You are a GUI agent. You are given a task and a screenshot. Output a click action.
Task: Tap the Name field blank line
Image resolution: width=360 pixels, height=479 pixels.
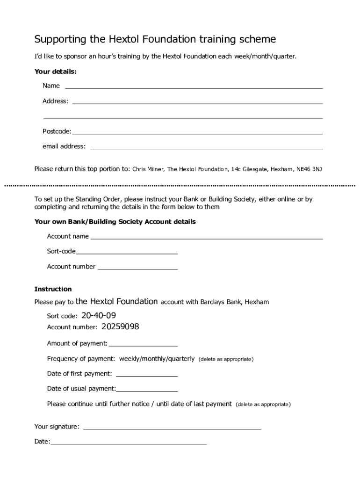click(x=194, y=87)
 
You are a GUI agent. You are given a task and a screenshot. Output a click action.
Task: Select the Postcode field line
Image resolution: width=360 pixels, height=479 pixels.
click(x=197, y=133)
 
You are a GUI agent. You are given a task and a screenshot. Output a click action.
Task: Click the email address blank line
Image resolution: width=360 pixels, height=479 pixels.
click(x=206, y=148)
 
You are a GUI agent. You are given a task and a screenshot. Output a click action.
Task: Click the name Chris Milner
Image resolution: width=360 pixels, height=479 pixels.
click(x=148, y=169)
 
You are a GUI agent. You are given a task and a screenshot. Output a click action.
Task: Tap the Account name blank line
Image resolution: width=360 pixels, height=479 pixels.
click(x=206, y=238)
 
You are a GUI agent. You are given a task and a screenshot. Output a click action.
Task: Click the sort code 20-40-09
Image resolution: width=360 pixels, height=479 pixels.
click(x=99, y=315)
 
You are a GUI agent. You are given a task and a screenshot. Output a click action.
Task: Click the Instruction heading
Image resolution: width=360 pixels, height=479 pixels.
click(x=53, y=289)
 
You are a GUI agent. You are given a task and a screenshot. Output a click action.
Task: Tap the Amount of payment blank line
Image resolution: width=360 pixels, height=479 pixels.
click(x=143, y=346)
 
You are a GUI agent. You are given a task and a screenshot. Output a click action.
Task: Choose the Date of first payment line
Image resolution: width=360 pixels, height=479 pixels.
click(x=146, y=376)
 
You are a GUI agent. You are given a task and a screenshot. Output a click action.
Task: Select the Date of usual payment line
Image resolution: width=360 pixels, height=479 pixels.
click(x=147, y=391)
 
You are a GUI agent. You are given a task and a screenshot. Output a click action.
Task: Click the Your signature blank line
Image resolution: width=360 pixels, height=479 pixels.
click(x=172, y=428)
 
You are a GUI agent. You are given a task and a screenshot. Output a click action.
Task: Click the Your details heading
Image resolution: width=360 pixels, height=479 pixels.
click(x=56, y=72)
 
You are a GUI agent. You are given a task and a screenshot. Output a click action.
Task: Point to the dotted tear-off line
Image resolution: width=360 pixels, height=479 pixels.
click(x=180, y=186)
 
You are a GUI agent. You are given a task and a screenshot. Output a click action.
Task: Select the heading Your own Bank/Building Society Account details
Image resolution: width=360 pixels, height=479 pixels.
click(x=115, y=222)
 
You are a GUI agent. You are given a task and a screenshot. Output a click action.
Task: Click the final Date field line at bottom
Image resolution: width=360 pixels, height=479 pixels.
click(x=128, y=443)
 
